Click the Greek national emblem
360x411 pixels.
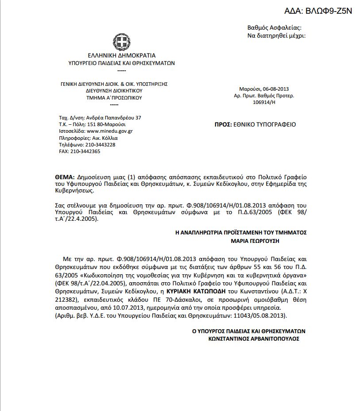pyautogui.click(x=121, y=42)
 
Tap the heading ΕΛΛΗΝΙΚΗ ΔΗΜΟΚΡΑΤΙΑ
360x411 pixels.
pyautogui.click(x=122, y=56)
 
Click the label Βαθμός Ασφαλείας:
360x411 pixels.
pyautogui.click(x=274, y=28)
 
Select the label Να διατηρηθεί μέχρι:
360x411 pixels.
pyautogui.click(x=276, y=35)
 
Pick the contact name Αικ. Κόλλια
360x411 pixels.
pyautogui.click(x=105, y=138)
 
